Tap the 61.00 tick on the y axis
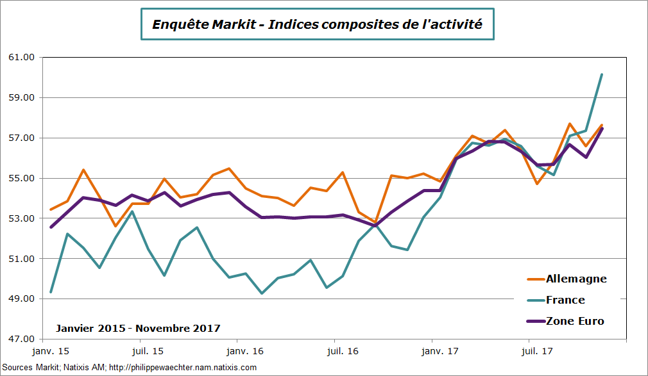point(21,58)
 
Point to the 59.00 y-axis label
point(21,98)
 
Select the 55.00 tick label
point(21,178)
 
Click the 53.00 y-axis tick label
point(21,218)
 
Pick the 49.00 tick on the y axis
point(21,299)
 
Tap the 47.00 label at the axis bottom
point(21,339)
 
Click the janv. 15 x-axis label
point(51,352)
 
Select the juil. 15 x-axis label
point(147,352)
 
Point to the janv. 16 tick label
point(245,352)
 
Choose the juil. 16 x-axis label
point(341,352)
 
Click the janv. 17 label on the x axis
point(439,352)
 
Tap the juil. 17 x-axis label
point(536,352)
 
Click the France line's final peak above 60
point(601,75)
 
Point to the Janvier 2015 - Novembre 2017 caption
point(138,328)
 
